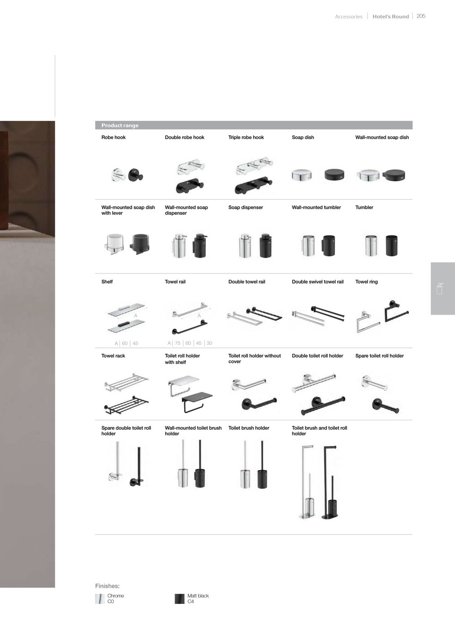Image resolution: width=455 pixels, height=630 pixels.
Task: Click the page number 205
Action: point(421,16)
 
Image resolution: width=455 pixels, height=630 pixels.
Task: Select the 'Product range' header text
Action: point(120,126)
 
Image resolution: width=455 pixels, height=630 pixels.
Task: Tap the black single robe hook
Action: point(136,175)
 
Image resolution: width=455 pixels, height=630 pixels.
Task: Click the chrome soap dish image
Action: point(301,175)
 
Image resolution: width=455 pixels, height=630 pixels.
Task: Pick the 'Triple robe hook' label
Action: point(246,137)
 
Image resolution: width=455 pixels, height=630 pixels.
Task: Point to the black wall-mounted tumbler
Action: point(329,245)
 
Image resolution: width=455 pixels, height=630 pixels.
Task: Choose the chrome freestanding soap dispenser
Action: point(245,245)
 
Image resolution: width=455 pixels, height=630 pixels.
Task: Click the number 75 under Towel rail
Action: point(177,343)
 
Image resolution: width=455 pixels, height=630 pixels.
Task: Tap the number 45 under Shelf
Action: point(135,343)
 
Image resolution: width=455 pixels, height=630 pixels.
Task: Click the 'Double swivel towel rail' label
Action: point(318,282)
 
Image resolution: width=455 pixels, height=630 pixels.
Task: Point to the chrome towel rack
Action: point(126,382)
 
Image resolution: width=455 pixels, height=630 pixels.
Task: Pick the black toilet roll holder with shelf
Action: point(197,402)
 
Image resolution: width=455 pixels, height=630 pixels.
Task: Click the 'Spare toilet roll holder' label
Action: point(380,355)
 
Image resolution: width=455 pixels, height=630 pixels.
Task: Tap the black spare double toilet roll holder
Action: point(137,466)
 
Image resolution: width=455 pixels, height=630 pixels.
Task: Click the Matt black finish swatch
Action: point(180,599)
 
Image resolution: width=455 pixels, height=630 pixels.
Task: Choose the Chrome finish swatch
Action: point(100,599)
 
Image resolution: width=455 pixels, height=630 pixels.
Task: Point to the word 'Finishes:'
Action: point(107,586)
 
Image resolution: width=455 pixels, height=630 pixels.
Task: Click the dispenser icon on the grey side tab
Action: point(440,288)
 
